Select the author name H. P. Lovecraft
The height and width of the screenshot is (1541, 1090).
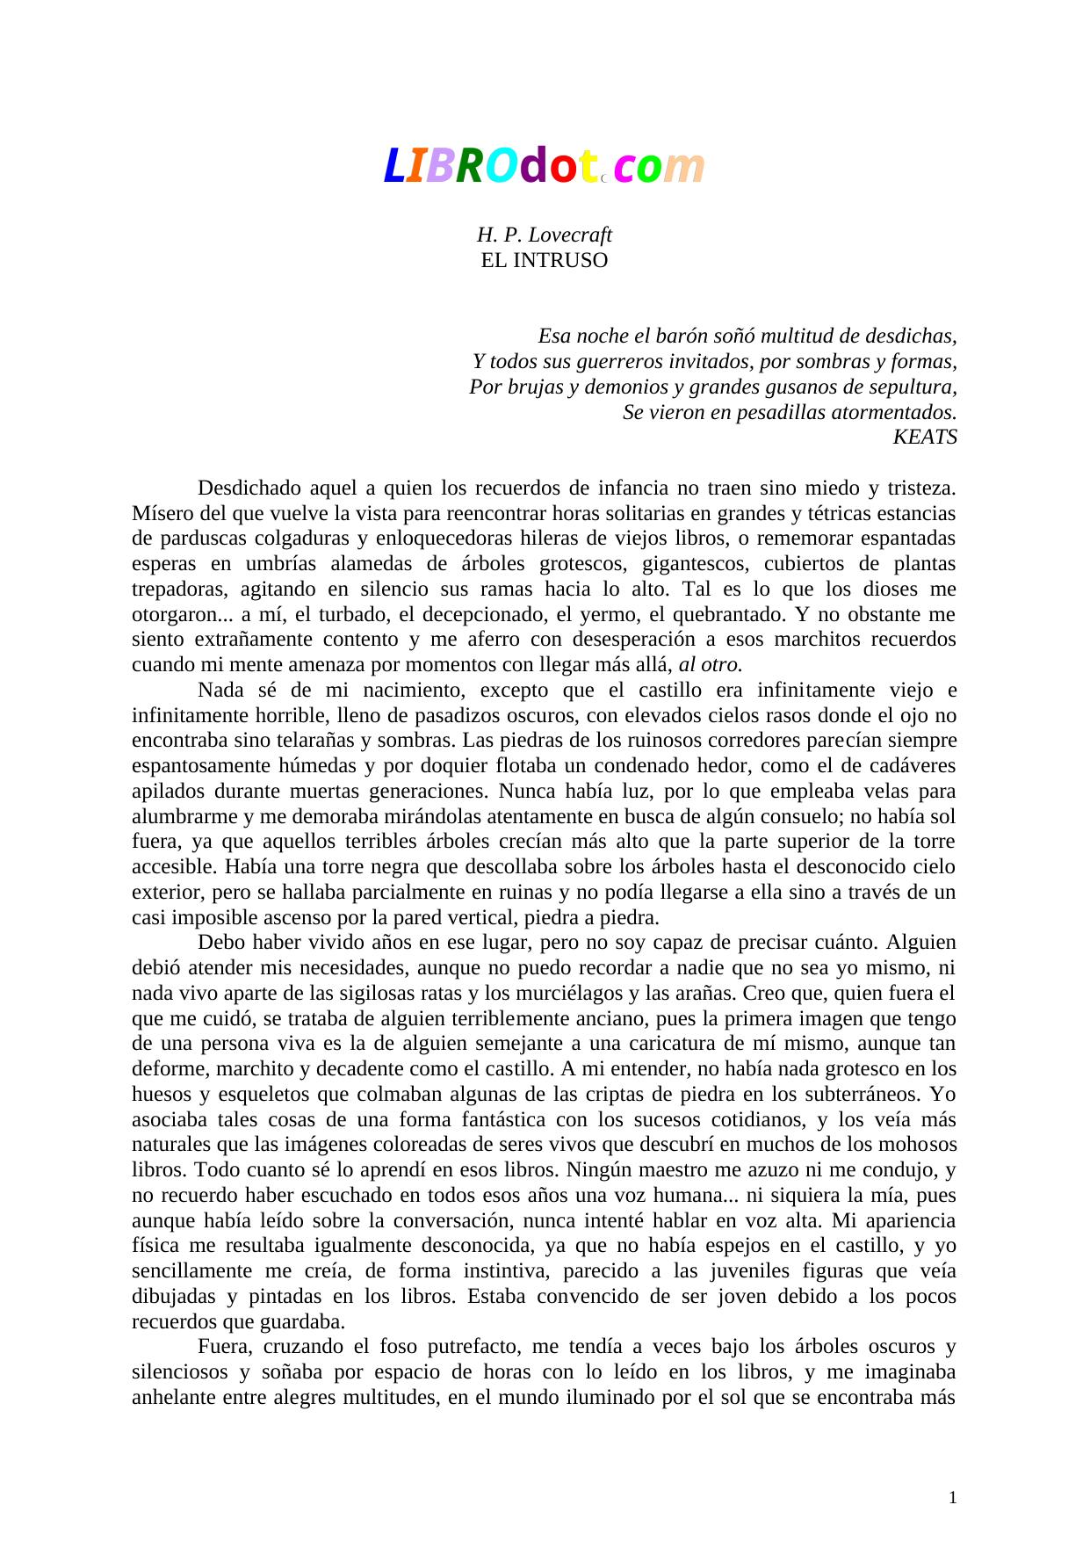544,235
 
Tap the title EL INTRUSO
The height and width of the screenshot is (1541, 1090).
544,260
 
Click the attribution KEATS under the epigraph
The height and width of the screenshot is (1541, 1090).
924,437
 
